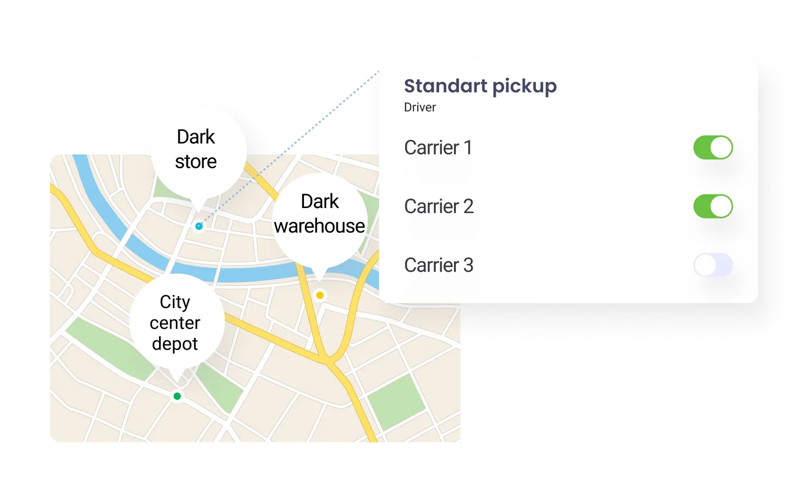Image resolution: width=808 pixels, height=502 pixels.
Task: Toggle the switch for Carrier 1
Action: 713,147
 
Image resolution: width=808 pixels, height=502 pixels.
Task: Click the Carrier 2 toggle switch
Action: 713,206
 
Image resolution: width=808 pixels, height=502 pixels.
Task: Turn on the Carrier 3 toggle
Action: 713,265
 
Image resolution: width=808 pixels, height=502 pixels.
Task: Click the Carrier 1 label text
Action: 438,147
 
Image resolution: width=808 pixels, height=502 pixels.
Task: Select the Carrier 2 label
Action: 439,206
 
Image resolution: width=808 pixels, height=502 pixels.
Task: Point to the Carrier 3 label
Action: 439,265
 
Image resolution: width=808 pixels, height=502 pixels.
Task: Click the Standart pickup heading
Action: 480,86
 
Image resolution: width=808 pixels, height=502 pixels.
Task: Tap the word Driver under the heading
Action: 420,108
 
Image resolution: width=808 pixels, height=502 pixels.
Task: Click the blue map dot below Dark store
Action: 199,226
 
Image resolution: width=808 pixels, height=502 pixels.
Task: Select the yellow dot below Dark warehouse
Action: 320,295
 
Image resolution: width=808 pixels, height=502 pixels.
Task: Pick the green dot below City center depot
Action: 177,396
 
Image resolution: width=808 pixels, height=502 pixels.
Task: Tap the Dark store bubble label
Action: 196,149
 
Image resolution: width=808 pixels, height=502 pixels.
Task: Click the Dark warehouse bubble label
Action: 319,214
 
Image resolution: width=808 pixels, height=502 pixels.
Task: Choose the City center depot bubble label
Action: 175,323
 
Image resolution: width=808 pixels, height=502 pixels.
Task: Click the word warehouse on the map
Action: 319,226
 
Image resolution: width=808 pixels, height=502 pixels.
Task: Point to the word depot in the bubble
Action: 175,344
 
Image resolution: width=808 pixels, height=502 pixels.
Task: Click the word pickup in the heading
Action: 525,87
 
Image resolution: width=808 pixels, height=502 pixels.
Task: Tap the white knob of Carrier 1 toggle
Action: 721,147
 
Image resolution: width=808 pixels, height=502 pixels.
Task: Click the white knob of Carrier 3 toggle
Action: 705,265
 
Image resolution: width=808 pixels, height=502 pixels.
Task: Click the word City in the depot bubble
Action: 175,302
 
